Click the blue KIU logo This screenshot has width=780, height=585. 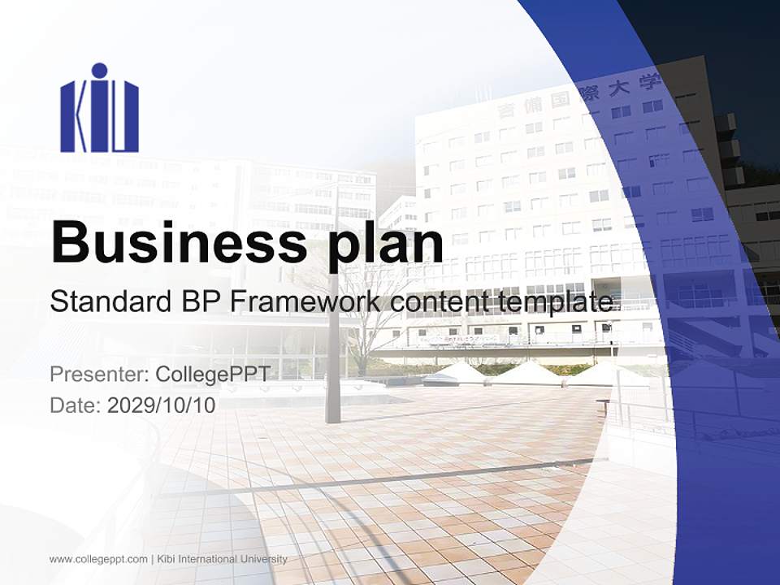pos(99,110)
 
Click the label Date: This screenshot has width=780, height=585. pos(76,405)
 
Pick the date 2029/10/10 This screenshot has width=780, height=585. pos(161,405)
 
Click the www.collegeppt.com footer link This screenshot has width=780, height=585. pos(98,559)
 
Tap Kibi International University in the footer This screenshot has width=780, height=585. pos(223,559)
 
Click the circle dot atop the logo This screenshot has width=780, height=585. pos(99,71)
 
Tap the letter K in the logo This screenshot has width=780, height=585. pos(75,118)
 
